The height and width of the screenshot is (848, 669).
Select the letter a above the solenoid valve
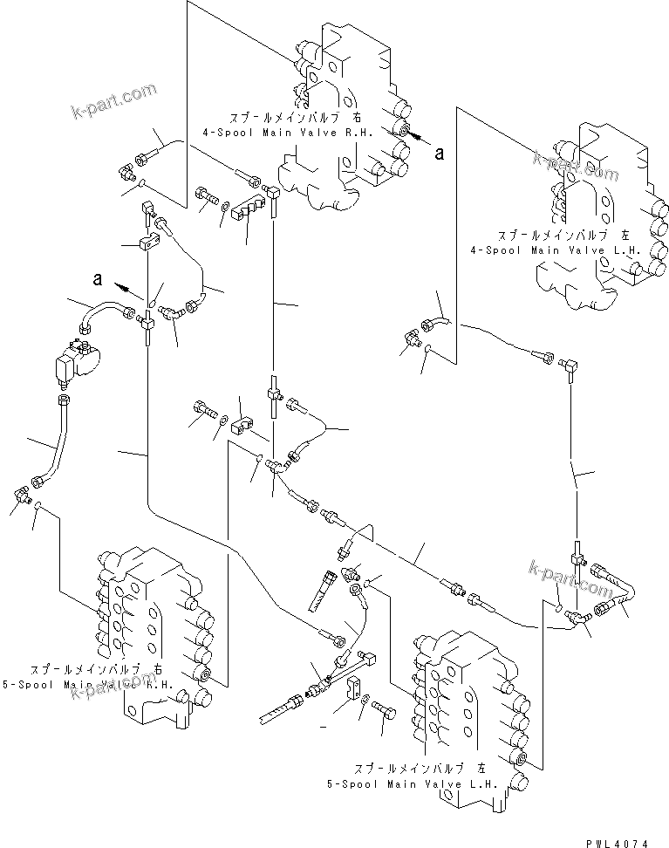click(99, 280)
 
